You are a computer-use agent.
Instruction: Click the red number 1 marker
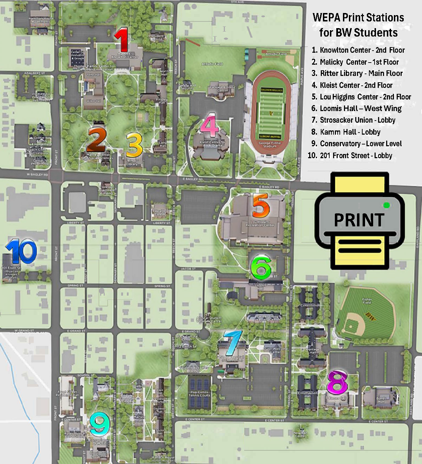(x=122, y=40)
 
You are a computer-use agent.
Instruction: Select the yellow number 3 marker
(x=134, y=145)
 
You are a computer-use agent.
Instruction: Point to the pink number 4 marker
(x=209, y=125)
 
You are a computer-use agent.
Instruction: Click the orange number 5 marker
(x=260, y=205)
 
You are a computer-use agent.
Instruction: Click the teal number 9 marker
(x=100, y=424)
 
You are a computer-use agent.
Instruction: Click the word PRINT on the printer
(x=359, y=220)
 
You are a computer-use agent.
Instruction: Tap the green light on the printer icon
(x=387, y=205)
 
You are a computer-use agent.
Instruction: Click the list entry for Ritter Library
(x=361, y=73)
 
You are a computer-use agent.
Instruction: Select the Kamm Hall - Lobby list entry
(x=350, y=132)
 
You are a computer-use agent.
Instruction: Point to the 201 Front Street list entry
(x=355, y=156)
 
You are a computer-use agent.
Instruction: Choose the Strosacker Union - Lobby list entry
(x=357, y=120)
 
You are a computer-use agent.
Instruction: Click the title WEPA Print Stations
(x=358, y=18)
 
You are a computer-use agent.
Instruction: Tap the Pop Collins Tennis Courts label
(x=199, y=393)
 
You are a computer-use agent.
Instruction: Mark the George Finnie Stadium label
(x=270, y=144)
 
